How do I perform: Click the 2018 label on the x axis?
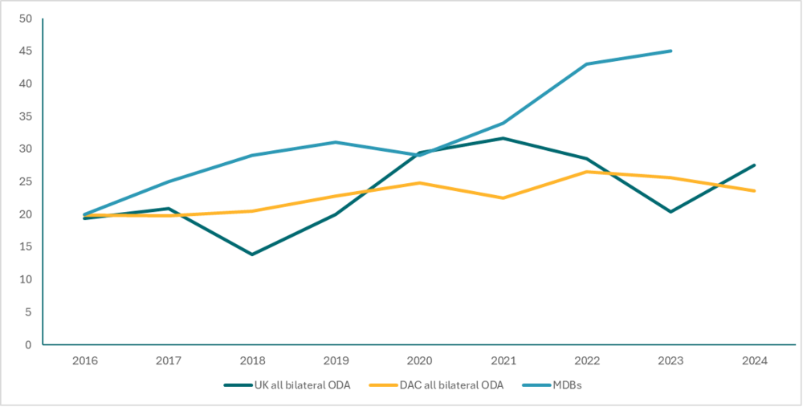click(x=252, y=361)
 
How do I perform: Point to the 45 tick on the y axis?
click(x=26, y=51)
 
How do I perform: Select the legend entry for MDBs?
click(x=566, y=385)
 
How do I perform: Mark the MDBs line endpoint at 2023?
click(x=671, y=51)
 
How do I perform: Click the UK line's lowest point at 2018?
click(x=252, y=254)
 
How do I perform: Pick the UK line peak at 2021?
click(x=503, y=138)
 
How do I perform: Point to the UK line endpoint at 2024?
click(x=755, y=165)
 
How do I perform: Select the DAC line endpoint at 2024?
click(x=755, y=191)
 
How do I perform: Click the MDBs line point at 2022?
click(x=587, y=64)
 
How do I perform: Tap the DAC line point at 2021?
click(x=503, y=197)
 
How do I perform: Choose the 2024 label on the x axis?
click(x=755, y=361)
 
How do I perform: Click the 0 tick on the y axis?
click(x=29, y=345)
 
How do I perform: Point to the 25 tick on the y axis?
click(x=26, y=181)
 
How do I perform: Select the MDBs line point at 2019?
click(x=336, y=142)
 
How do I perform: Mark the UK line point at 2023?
click(x=671, y=212)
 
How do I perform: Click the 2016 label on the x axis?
click(x=84, y=361)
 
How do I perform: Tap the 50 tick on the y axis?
click(x=26, y=18)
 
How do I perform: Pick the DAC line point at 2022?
click(x=587, y=172)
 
